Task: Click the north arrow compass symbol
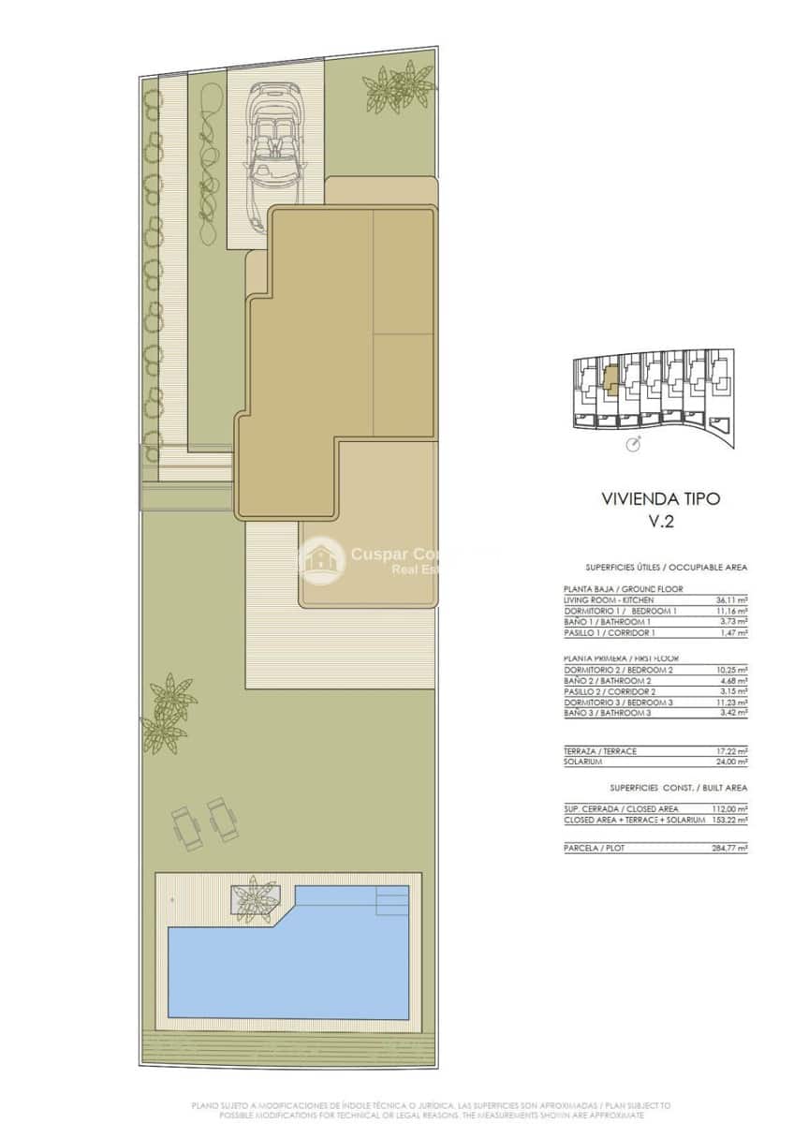[634, 442]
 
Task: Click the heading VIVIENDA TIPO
[660, 499]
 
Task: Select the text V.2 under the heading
[661, 523]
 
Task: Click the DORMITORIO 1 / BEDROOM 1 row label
[620, 611]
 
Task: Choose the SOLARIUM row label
[583, 762]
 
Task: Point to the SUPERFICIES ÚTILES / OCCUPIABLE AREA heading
[666, 568]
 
